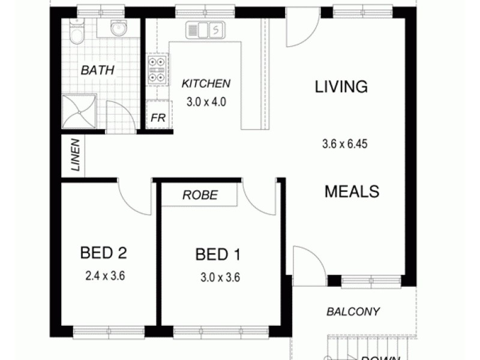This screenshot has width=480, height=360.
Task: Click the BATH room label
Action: tap(98, 70)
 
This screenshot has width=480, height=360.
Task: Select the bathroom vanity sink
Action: tap(118, 28)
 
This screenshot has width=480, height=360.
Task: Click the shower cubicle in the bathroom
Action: tap(78, 112)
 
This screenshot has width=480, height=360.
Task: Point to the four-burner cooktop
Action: tap(157, 69)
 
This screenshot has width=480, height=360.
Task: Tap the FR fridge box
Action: tap(158, 118)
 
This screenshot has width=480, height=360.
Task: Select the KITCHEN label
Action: tap(206, 83)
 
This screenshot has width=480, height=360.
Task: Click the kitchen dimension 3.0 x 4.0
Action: tap(206, 101)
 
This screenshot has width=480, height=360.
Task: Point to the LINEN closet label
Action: tap(75, 155)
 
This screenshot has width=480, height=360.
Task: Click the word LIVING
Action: tap(341, 86)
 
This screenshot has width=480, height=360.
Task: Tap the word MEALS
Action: tap(352, 191)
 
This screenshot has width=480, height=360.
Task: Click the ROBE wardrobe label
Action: tap(200, 195)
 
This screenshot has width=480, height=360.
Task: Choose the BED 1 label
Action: tap(218, 255)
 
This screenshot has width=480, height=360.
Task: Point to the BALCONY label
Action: tap(353, 311)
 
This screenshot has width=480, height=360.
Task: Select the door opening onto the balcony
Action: tap(307, 262)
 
